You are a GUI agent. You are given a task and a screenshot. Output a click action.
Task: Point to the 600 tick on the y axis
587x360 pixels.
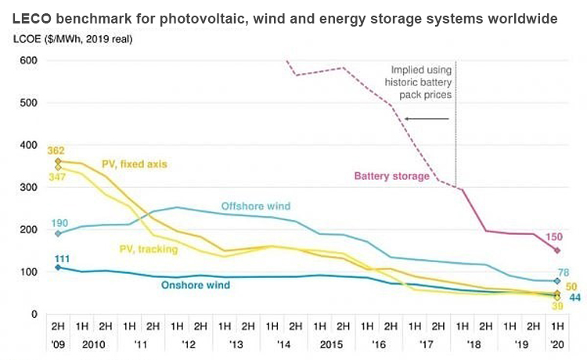click(x=27, y=60)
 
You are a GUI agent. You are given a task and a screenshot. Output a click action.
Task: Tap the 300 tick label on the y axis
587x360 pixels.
click(x=27, y=188)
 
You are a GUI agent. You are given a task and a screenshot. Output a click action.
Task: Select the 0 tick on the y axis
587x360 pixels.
click(x=34, y=315)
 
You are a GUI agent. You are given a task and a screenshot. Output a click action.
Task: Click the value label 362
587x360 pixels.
click(x=56, y=150)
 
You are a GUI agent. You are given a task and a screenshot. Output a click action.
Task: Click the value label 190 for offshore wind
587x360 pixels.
click(x=59, y=223)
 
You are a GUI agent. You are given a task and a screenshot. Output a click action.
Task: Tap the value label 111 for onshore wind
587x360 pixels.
click(x=57, y=258)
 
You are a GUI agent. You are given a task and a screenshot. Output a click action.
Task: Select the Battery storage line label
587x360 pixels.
click(x=392, y=176)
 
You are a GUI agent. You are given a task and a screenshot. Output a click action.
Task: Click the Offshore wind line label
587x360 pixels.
click(x=255, y=206)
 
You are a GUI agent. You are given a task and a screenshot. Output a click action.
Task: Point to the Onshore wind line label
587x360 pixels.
click(x=195, y=285)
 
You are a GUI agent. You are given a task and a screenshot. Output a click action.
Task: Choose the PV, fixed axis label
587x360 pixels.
click(x=135, y=164)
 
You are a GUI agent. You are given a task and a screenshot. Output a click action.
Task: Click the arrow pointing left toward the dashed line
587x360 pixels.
click(x=426, y=119)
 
